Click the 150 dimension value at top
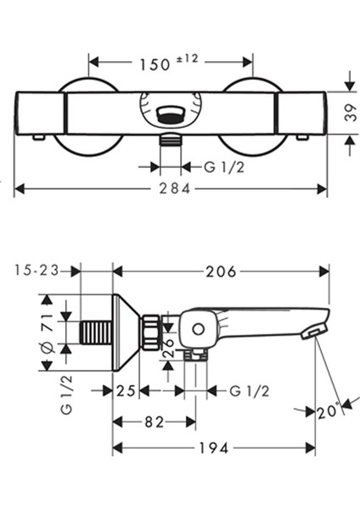tap(153, 63)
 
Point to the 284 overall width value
tap(173, 188)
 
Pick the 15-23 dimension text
tap(37, 271)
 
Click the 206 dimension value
tap(221, 271)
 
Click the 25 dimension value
tap(126, 390)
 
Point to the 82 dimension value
tap(153, 421)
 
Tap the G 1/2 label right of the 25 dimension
tap(250, 390)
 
